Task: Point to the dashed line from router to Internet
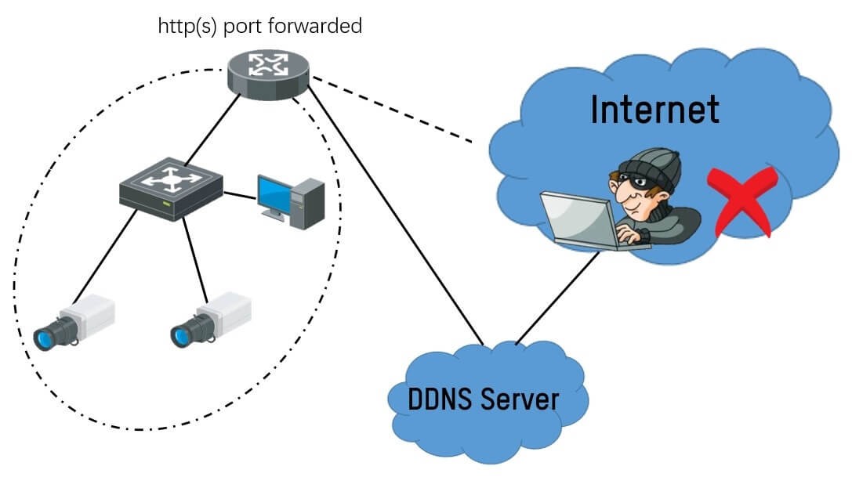point(392,110)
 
